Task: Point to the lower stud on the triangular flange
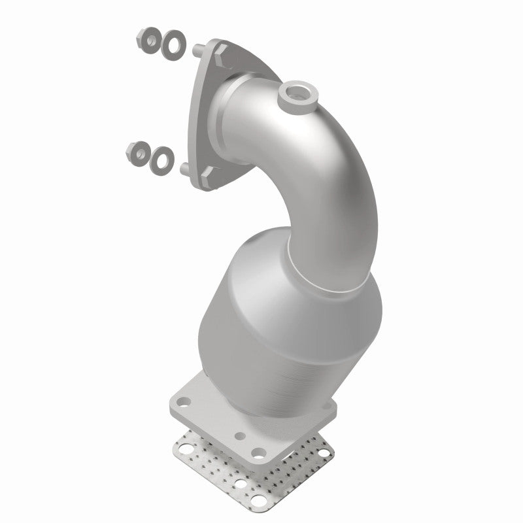coord(184,168)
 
